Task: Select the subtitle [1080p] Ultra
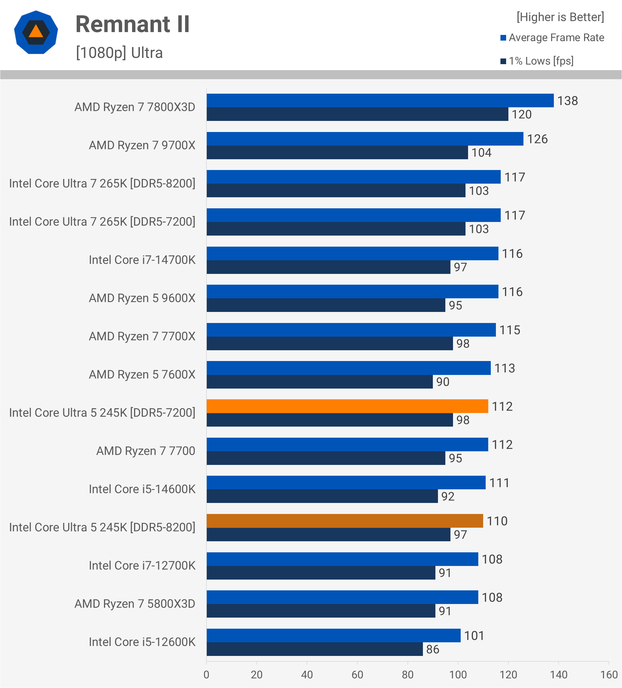coord(119,53)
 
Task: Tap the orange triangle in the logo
coord(36,32)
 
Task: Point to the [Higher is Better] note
coord(560,17)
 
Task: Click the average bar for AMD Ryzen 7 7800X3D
coord(380,101)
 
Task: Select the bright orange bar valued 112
coord(347,406)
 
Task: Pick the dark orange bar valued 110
coord(345,521)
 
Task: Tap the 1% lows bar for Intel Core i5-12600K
coord(315,649)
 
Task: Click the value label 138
coord(567,101)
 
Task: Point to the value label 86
coord(433,649)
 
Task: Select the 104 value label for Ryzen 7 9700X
coord(481,152)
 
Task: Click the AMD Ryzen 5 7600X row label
coord(142,375)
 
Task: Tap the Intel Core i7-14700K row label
coord(142,260)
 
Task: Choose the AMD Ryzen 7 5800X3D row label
coord(135,604)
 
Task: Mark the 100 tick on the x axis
coord(458,675)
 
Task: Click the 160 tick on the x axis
coord(609,675)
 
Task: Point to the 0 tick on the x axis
coord(206,675)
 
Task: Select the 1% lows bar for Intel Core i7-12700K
coord(321,573)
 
